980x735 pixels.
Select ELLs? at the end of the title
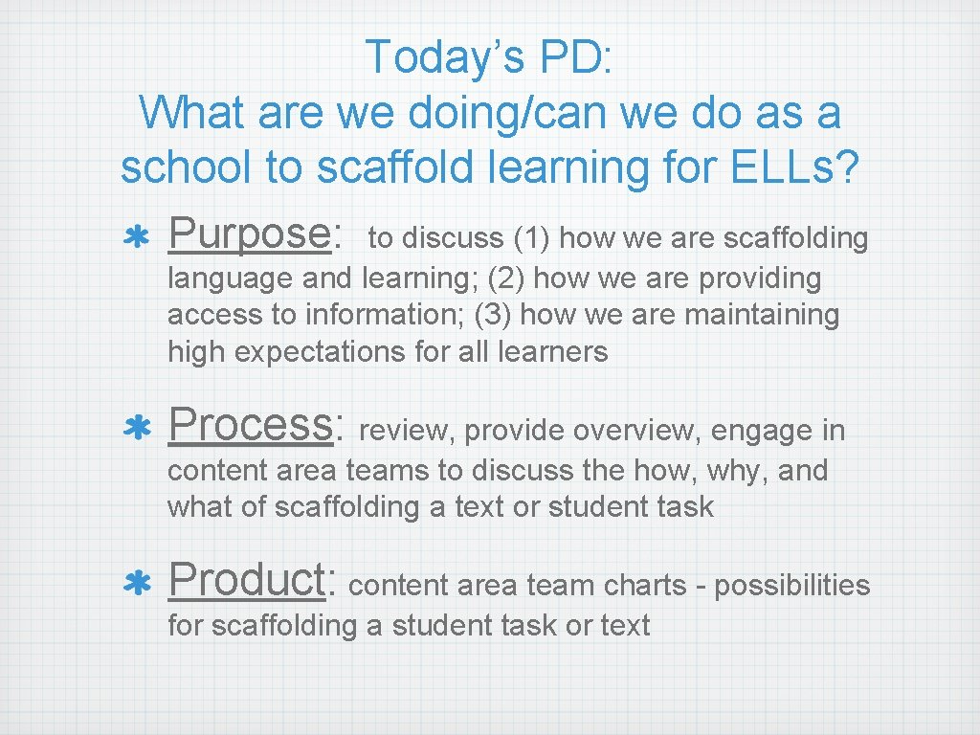pyautogui.click(x=791, y=167)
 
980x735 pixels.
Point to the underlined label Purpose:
pyautogui.click(x=255, y=234)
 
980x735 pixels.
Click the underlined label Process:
pyautogui.click(x=255, y=426)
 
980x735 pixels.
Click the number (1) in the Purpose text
pyautogui.click(x=530, y=238)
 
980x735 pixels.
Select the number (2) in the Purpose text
pyautogui.click(x=504, y=278)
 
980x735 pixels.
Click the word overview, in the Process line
pyautogui.click(x=630, y=431)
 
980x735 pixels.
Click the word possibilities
pyautogui.click(x=792, y=585)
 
